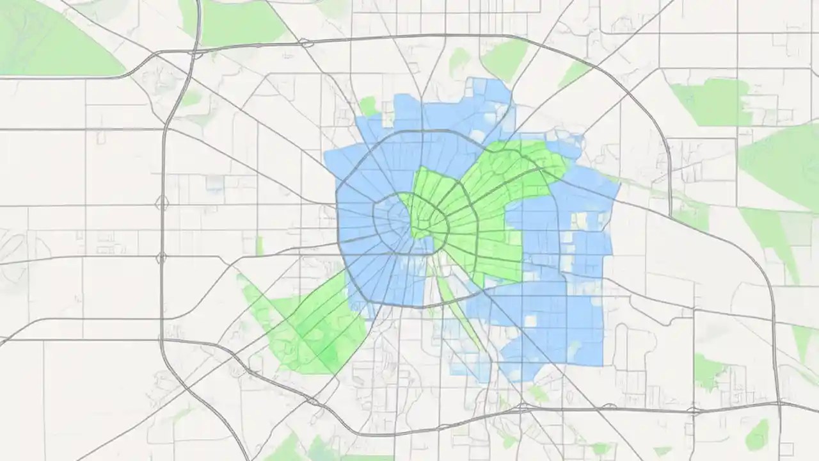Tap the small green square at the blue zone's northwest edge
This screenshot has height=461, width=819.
click(x=369, y=106)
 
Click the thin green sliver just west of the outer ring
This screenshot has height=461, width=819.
click(x=260, y=246)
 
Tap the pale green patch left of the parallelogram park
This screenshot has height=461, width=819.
click(x=459, y=61)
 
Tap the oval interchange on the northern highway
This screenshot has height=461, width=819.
click(x=306, y=44)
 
